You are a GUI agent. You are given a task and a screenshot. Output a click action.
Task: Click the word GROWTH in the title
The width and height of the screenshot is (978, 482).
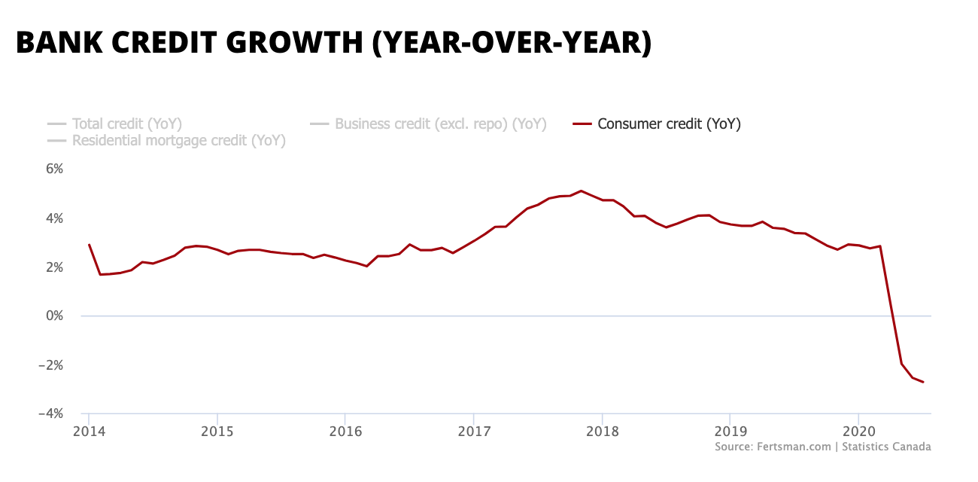[x=296, y=43]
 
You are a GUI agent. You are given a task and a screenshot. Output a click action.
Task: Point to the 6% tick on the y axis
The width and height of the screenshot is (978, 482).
[x=54, y=169]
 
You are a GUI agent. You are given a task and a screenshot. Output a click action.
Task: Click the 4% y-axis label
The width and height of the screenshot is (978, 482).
[x=54, y=218]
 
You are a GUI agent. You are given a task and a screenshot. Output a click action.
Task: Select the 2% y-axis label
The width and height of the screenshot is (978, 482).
[x=54, y=267]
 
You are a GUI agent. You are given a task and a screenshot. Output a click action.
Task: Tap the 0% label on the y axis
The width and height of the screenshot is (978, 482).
[x=54, y=316]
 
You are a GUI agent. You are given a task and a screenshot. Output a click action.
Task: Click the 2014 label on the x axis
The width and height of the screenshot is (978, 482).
[x=89, y=431]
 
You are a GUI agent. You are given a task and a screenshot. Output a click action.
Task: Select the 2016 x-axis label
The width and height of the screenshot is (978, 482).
[x=345, y=431]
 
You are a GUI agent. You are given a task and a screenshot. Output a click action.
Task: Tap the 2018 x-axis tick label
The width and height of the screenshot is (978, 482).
[x=602, y=431]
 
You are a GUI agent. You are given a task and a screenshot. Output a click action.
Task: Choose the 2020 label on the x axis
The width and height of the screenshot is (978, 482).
[x=858, y=431]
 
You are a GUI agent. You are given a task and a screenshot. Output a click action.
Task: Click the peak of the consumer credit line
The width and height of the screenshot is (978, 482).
[x=581, y=191]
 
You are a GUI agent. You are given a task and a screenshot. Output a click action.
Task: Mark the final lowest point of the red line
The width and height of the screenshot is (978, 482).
[x=923, y=383]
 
